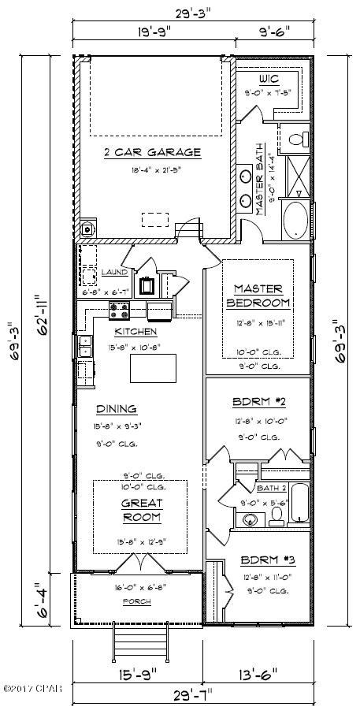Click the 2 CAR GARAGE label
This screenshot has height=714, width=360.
click(152, 152)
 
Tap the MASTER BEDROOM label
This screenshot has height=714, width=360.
click(258, 296)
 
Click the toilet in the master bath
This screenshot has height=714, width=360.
click(297, 139)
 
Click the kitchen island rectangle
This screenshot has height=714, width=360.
click(153, 366)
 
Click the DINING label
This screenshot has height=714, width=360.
click(117, 408)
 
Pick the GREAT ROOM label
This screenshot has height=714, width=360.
click(142, 510)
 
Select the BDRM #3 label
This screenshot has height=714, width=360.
click(257, 560)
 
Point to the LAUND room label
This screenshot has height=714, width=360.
click(114, 272)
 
